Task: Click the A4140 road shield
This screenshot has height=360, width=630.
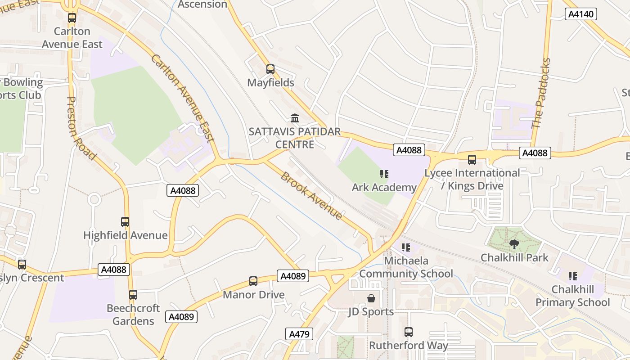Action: tap(580, 14)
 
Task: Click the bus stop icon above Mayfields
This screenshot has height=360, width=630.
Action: tap(270, 69)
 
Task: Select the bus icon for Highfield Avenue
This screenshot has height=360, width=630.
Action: tap(125, 222)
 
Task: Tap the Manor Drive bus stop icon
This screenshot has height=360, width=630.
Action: tap(253, 281)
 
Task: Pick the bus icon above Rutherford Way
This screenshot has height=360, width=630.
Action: tap(409, 332)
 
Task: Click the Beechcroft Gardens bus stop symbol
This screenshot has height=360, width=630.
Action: tap(133, 295)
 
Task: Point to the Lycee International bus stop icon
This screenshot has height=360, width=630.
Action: tap(472, 160)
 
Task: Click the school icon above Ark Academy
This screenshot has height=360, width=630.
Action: tap(384, 174)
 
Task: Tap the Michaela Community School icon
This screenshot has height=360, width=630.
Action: tap(406, 247)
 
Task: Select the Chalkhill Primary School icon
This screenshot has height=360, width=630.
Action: tap(572, 276)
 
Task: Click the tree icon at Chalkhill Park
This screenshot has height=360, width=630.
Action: tap(514, 244)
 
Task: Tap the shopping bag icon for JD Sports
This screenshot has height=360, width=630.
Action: tap(371, 298)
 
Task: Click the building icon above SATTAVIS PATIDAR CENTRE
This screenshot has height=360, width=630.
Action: tap(295, 118)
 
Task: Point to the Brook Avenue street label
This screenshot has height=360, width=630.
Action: tap(311, 195)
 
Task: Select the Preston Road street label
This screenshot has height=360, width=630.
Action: tap(81, 128)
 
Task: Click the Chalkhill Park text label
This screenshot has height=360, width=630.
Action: tap(514, 258)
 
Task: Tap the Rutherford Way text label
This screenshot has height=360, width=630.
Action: tap(409, 346)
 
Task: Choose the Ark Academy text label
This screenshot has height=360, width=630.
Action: tap(384, 187)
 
